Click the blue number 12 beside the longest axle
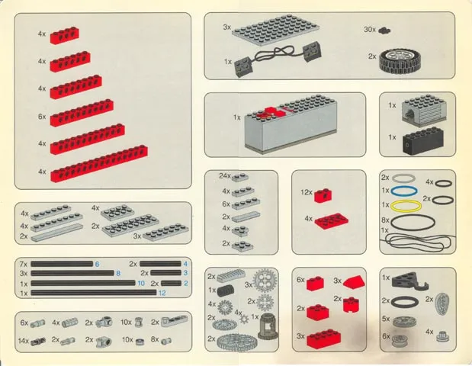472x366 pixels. pos(162,293)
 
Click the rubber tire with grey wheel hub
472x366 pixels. pos(399,61)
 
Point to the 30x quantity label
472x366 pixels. pos(370,30)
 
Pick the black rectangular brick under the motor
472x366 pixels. pos(422,141)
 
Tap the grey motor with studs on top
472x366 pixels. pos(424,108)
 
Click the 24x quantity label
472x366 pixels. pos(225,176)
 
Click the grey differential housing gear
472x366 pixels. pos(268,326)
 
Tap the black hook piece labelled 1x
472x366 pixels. pos(409,281)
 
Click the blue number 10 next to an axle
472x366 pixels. pos(141,283)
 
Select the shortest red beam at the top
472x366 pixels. pos(64,35)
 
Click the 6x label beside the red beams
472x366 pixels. pos(42,116)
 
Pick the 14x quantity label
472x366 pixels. pos(23,341)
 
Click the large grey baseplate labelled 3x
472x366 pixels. pos(275,30)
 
